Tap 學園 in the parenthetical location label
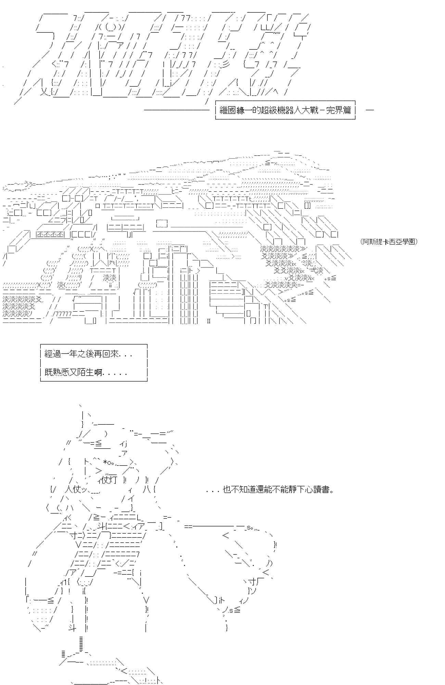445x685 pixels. (x=409, y=241)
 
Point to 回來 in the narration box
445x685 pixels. (x=109, y=354)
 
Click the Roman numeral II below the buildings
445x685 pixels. (x=208, y=321)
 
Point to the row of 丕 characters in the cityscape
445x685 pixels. (x=50, y=234)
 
